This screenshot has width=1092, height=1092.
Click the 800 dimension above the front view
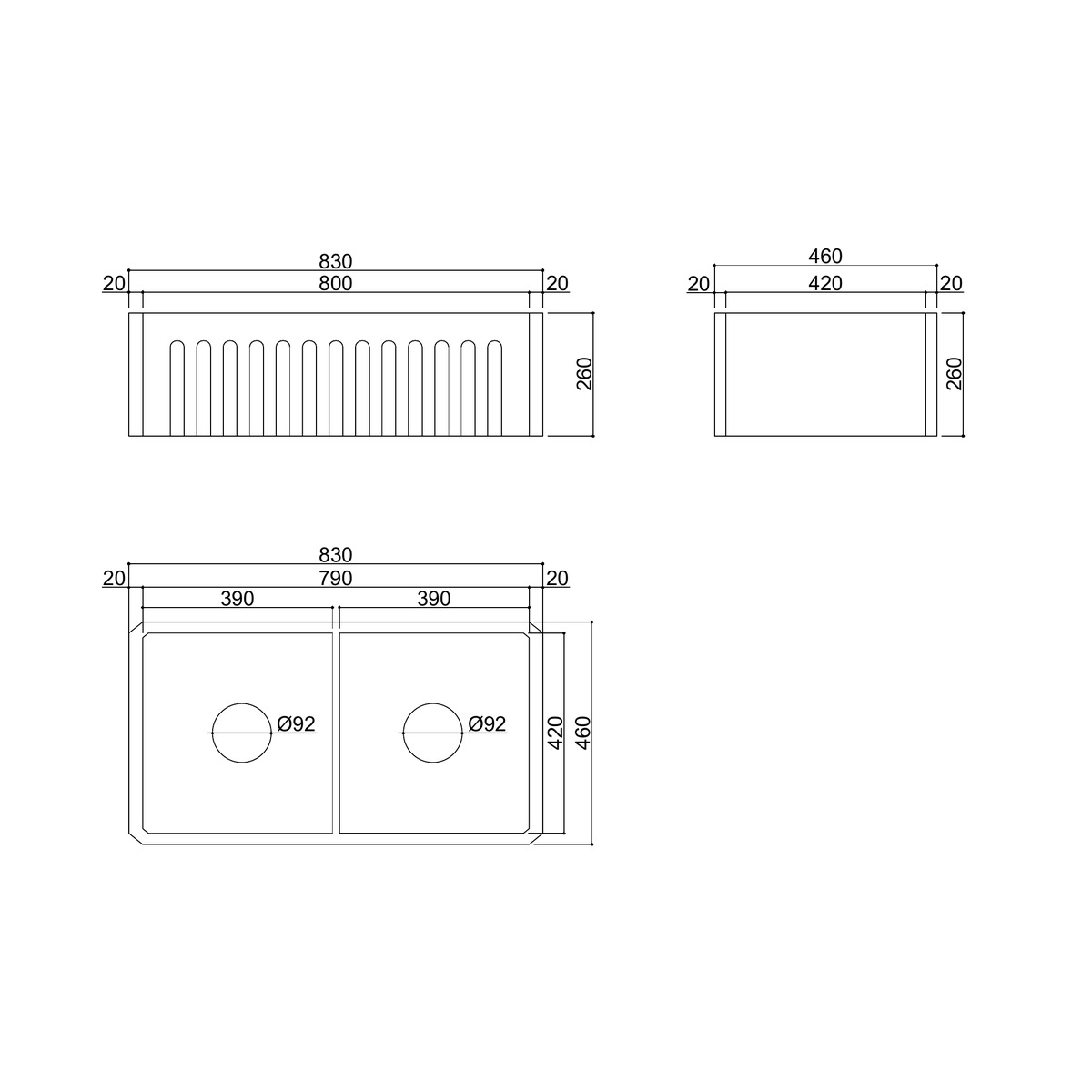tap(335, 283)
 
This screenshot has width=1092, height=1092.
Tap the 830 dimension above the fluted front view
tap(335, 262)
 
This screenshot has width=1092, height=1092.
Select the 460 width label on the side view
tap(824, 257)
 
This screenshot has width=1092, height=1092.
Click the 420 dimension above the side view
tap(824, 283)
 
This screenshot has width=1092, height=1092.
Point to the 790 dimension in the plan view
tap(335, 579)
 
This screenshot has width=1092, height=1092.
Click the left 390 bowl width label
tap(237, 599)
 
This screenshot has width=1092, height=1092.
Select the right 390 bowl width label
tap(433, 599)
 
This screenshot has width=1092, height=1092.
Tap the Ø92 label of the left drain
tap(296, 724)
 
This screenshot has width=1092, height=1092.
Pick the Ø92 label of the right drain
tap(487, 724)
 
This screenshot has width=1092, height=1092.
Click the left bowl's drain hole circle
tap(242, 703)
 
